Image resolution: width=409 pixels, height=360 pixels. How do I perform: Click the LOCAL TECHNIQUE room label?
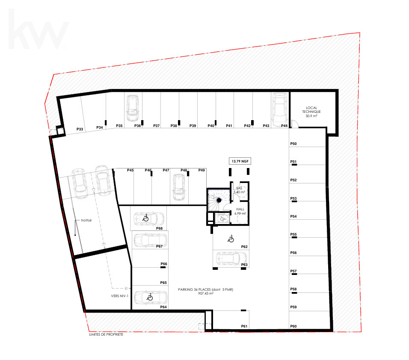311,112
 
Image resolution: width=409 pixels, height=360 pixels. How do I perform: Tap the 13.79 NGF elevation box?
240,161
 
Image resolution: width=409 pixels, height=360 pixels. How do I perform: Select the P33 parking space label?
80,129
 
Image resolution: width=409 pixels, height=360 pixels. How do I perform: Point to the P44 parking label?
285,126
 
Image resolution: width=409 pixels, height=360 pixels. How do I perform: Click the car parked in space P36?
133,108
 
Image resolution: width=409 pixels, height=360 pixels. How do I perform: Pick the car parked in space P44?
279,109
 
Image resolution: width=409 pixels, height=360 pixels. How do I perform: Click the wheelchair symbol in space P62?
231,239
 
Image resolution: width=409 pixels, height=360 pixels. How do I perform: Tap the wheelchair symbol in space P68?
145,218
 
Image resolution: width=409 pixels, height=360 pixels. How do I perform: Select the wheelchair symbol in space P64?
150,297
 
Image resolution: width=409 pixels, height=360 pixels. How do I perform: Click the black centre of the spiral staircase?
219,200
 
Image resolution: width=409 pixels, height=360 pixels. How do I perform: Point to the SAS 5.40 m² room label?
239,190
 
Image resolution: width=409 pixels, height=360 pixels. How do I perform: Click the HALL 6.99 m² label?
240,211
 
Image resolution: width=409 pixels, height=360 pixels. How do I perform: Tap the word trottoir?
86,220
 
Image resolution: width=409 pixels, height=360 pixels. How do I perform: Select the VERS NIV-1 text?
120,296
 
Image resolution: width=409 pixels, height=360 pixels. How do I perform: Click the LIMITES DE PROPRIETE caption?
106,334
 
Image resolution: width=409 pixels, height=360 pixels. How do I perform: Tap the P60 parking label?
293,326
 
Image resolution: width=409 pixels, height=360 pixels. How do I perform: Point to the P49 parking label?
202,170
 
